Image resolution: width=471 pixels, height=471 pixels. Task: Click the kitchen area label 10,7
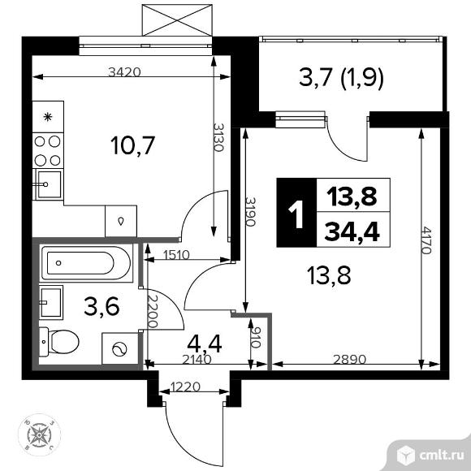point(132,145)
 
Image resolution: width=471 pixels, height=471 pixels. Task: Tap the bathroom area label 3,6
point(102,306)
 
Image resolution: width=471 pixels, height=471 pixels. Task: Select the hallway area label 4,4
point(205,344)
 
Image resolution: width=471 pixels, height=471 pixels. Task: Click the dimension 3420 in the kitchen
point(124,72)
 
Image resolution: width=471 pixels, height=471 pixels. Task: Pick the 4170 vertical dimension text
point(427,240)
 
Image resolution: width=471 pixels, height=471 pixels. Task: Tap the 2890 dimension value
point(350,359)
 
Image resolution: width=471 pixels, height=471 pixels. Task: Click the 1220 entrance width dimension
point(185,387)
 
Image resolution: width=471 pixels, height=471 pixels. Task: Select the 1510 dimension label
point(177,255)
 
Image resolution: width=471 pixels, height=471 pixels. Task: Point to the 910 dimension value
point(256,337)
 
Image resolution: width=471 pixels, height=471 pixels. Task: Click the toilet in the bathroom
point(59,342)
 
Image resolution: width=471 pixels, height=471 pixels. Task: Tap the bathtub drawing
point(87,263)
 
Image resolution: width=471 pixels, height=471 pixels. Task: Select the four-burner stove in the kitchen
point(47,151)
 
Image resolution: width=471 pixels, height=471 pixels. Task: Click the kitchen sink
point(49,184)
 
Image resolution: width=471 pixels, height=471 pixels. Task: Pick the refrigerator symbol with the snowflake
point(48,117)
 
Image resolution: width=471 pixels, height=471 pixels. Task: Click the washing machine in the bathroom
point(120,348)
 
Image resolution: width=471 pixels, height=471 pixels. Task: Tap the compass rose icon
point(39,434)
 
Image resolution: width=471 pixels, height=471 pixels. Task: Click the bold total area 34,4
point(352,231)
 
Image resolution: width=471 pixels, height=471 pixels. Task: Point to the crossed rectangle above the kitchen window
point(177,20)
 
